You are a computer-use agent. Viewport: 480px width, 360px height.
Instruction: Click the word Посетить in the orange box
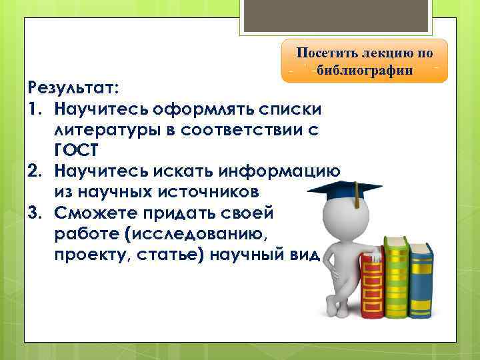coord(329,53)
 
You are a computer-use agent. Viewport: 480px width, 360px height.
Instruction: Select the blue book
coord(420,280)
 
